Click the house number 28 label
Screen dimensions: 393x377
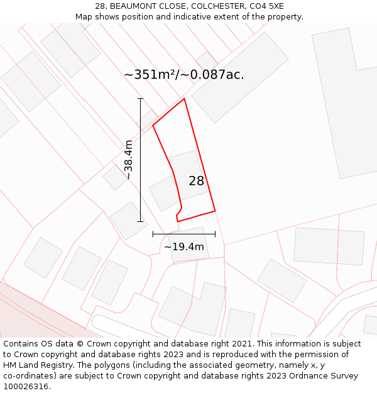(x=197, y=181)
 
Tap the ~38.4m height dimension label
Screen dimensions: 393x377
(x=128, y=160)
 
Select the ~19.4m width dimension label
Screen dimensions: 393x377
(x=184, y=246)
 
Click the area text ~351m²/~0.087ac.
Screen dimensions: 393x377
(x=184, y=75)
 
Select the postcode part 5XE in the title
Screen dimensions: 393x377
(x=274, y=6)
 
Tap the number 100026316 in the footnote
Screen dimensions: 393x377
(x=27, y=387)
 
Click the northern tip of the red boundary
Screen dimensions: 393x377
(x=184, y=99)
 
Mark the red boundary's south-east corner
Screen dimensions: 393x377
(x=215, y=211)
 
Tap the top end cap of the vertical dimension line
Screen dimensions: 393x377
(x=140, y=99)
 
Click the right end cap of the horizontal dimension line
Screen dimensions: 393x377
(x=215, y=234)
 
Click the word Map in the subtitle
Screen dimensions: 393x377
(x=84, y=17)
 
